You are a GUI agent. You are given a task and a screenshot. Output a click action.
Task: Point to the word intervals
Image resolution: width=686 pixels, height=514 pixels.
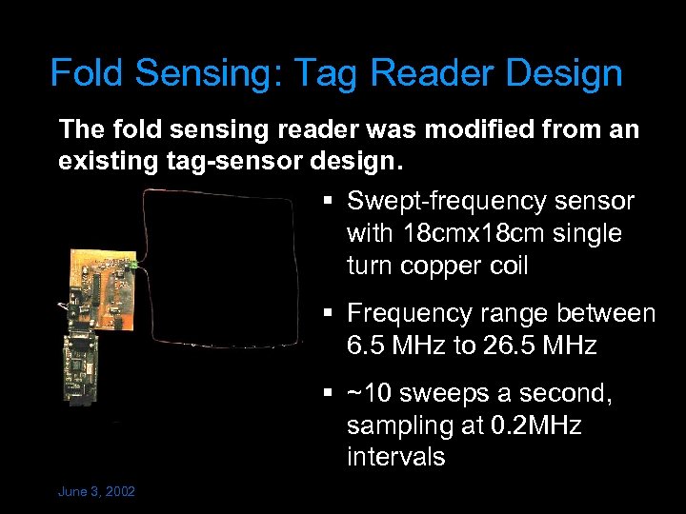395,457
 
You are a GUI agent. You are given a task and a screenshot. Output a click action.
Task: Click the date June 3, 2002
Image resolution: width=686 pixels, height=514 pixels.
96,491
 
